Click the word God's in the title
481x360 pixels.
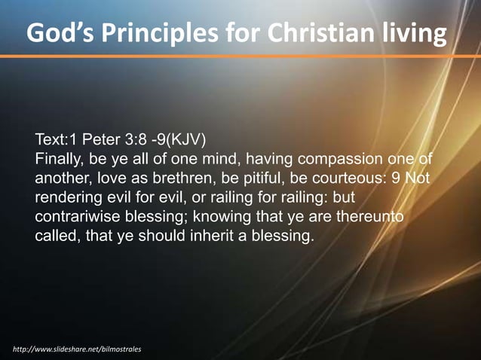pos(60,35)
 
